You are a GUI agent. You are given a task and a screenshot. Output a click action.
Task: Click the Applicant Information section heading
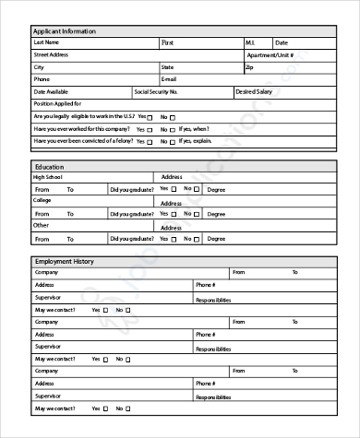(x=64, y=31)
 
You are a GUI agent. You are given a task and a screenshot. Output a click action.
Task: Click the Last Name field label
(x=46, y=42)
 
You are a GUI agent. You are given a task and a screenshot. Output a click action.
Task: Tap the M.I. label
(x=249, y=42)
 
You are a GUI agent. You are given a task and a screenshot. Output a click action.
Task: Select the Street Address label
(x=51, y=55)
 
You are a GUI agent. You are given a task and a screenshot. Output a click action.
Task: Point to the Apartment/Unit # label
(x=270, y=55)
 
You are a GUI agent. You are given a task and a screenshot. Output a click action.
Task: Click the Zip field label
(x=249, y=67)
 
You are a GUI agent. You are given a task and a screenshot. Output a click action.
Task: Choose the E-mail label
(x=169, y=80)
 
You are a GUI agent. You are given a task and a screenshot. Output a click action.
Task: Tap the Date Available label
(x=51, y=92)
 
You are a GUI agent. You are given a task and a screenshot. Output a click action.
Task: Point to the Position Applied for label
(x=56, y=104)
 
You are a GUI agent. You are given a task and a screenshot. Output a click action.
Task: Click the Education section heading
(x=49, y=167)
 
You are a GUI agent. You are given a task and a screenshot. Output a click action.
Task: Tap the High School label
(x=49, y=177)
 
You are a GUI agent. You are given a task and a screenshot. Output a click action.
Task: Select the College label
(x=42, y=200)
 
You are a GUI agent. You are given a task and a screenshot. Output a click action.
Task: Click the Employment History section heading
(x=64, y=262)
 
